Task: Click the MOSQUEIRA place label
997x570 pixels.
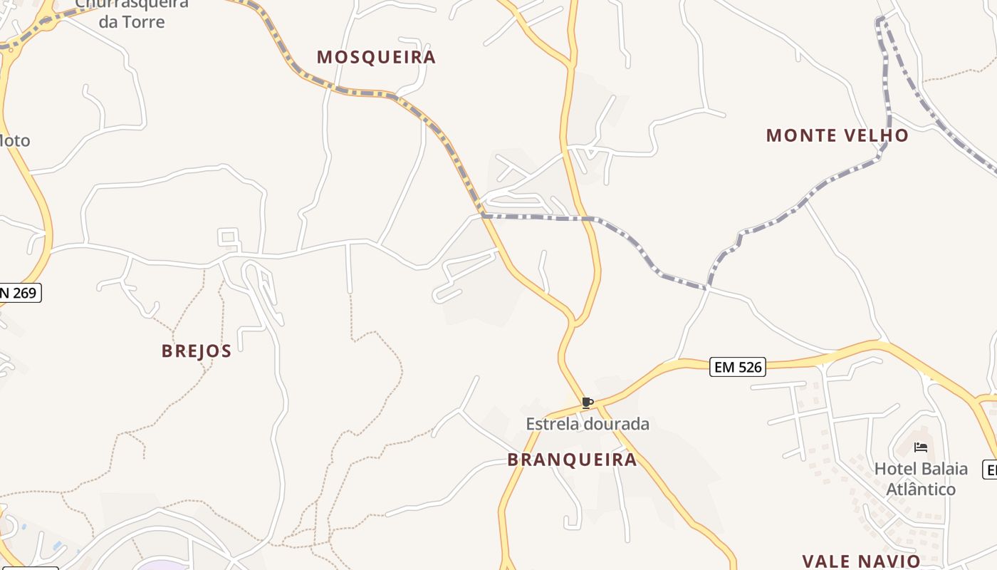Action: (376, 57)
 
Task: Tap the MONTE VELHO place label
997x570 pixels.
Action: (837, 135)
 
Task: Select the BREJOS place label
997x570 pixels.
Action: (197, 351)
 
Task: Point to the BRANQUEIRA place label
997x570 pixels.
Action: (572, 460)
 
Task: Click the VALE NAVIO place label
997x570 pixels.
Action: (861, 561)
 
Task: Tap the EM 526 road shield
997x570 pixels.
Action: (738, 368)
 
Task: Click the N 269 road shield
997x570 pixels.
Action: (19, 292)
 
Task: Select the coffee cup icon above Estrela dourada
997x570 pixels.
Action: (588, 403)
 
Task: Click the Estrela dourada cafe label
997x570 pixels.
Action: (588, 424)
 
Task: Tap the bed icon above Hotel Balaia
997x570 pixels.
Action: (921, 447)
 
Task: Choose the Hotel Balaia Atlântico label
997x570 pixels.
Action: (921, 479)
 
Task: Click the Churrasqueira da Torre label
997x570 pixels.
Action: (132, 13)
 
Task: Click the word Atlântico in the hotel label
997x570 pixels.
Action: (921, 489)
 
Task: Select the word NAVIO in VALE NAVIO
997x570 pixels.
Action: (890, 561)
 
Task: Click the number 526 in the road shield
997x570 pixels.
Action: (748, 368)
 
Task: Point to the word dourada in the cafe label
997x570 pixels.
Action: (617, 424)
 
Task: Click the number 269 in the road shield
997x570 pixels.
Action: (24, 292)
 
